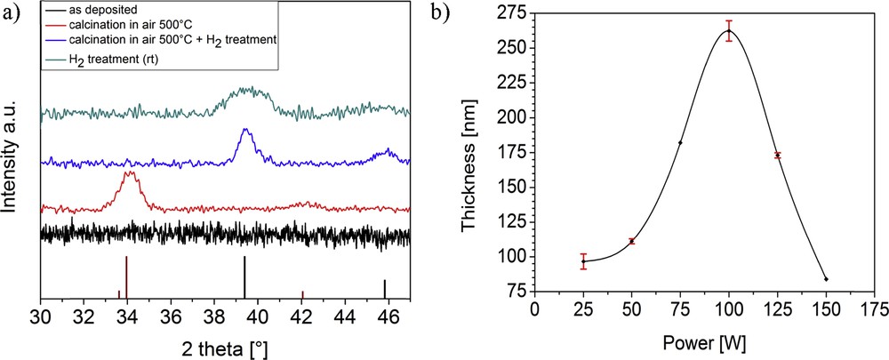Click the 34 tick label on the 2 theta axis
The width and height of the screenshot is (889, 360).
(x=126, y=316)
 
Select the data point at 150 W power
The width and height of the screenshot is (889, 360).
(x=826, y=279)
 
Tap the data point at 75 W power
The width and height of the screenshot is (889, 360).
(x=680, y=143)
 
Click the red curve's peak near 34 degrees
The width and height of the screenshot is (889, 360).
(x=130, y=172)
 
